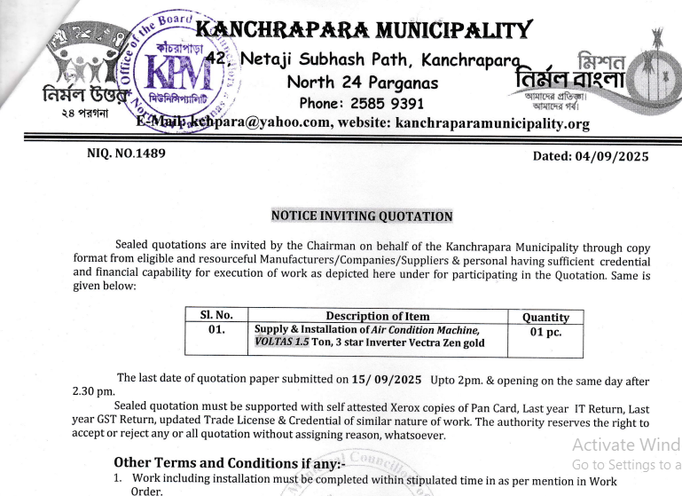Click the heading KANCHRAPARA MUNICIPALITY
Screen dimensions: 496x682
[364, 33]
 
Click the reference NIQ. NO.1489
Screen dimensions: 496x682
[126, 154]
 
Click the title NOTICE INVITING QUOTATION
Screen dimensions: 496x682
[361, 216]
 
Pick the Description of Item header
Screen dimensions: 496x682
[377, 316]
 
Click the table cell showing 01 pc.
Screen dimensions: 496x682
[545, 332]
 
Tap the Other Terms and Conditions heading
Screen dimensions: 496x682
[219, 462]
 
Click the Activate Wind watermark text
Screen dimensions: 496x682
[625, 445]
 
